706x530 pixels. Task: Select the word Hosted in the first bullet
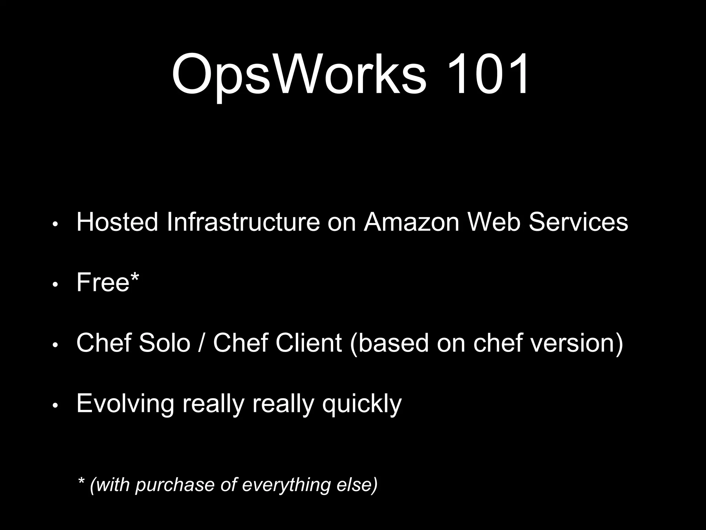tap(117, 222)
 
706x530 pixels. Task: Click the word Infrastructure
tap(243, 222)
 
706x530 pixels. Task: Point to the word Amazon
tap(412, 222)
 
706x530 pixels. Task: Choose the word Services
tap(578, 222)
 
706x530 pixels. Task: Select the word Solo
tap(164, 343)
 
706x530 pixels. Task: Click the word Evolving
tap(125, 404)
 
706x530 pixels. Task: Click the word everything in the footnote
tap(286, 485)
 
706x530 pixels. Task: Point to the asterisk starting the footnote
tap(81, 481)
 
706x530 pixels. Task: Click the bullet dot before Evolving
tap(55, 406)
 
